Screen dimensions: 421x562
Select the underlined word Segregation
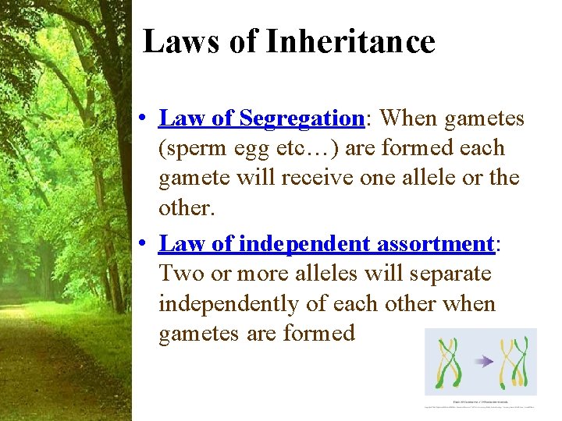301,119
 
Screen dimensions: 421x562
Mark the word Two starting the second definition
176,274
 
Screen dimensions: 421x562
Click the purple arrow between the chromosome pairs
485,361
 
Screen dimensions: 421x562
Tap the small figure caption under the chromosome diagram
480,402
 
